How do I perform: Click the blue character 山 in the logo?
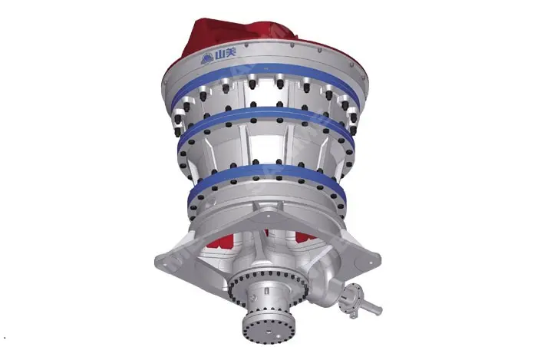click(219, 55)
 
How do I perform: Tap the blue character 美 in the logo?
click(230, 53)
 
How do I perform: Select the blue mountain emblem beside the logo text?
click(207, 59)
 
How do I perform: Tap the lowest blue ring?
click(266, 170)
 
